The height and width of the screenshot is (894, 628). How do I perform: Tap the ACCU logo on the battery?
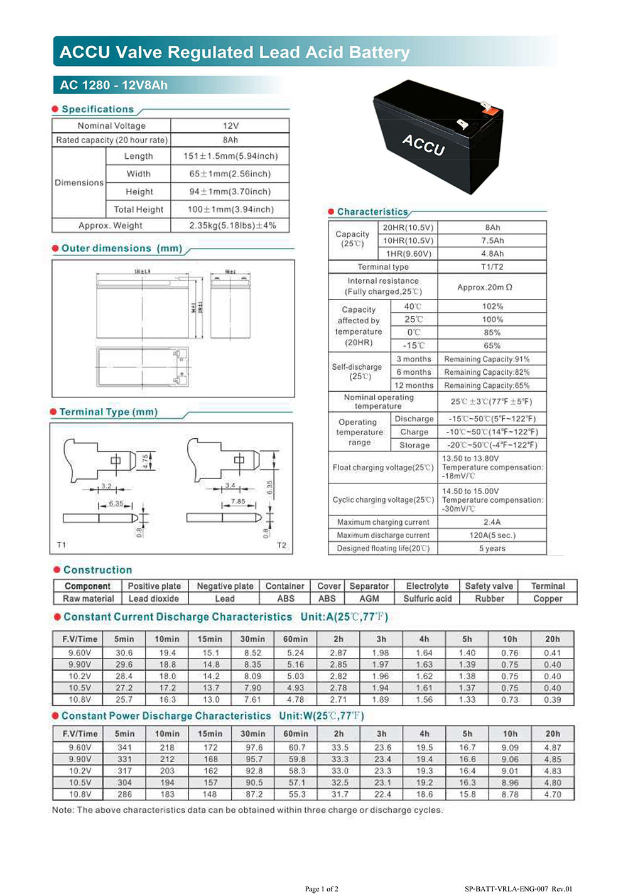coord(423,144)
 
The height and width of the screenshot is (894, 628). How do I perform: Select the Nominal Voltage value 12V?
coord(230,126)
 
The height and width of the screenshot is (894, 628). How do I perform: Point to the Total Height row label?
coord(138,210)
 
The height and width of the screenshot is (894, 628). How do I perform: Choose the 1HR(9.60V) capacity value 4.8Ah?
coord(492,254)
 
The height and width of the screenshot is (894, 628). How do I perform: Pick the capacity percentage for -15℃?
coord(492,345)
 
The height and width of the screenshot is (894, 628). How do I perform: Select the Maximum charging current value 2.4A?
coord(492,522)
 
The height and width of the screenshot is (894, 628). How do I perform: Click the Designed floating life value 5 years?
coord(492,548)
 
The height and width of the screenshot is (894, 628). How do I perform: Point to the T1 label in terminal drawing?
coord(61,544)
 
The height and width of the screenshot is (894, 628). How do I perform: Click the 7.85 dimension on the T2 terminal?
coord(238,501)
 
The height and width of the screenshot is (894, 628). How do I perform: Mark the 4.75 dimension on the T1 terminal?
coord(146,461)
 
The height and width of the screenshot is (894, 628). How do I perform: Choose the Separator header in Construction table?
coord(369,586)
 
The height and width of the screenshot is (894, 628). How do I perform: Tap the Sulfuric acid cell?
coord(427,598)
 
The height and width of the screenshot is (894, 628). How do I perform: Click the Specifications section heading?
coord(97,109)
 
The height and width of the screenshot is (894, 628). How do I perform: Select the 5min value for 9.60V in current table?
coord(124,653)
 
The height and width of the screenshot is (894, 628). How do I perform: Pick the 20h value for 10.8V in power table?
coord(552,794)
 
